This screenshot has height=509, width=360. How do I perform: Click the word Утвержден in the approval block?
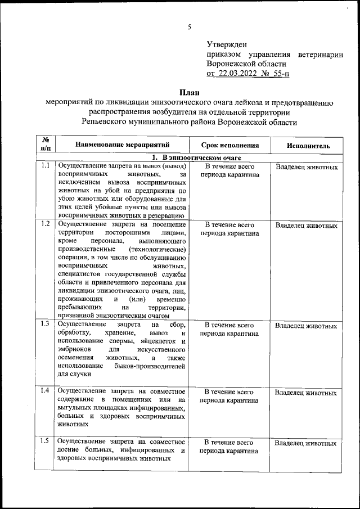click(x=227, y=44)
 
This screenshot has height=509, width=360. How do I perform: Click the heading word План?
click(x=189, y=92)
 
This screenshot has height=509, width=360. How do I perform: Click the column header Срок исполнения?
click(x=229, y=145)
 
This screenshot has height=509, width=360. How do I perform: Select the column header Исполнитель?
click(x=308, y=146)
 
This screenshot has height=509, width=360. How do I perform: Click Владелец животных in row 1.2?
click(x=306, y=226)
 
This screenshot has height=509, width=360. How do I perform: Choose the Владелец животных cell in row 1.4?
click(x=306, y=392)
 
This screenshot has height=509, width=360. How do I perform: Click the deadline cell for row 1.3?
click(x=229, y=329)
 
